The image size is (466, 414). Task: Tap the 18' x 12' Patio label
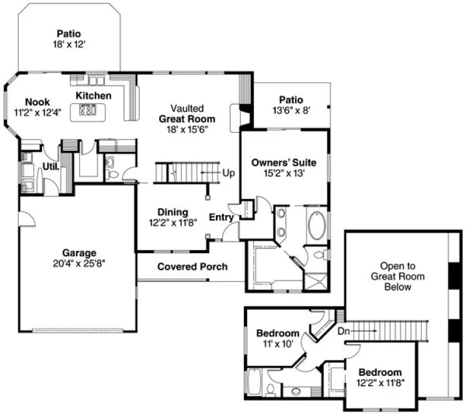(69, 39)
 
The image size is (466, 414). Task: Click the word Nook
(37, 102)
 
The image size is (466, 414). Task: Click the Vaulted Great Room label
(187, 118)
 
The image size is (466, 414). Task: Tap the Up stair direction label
(228, 172)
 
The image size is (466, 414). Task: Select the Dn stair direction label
(344, 332)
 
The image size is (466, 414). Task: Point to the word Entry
(221, 218)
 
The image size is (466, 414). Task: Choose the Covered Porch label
(192, 267)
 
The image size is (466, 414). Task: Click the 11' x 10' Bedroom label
(278, 339)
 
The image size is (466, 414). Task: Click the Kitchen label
(94, 95)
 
